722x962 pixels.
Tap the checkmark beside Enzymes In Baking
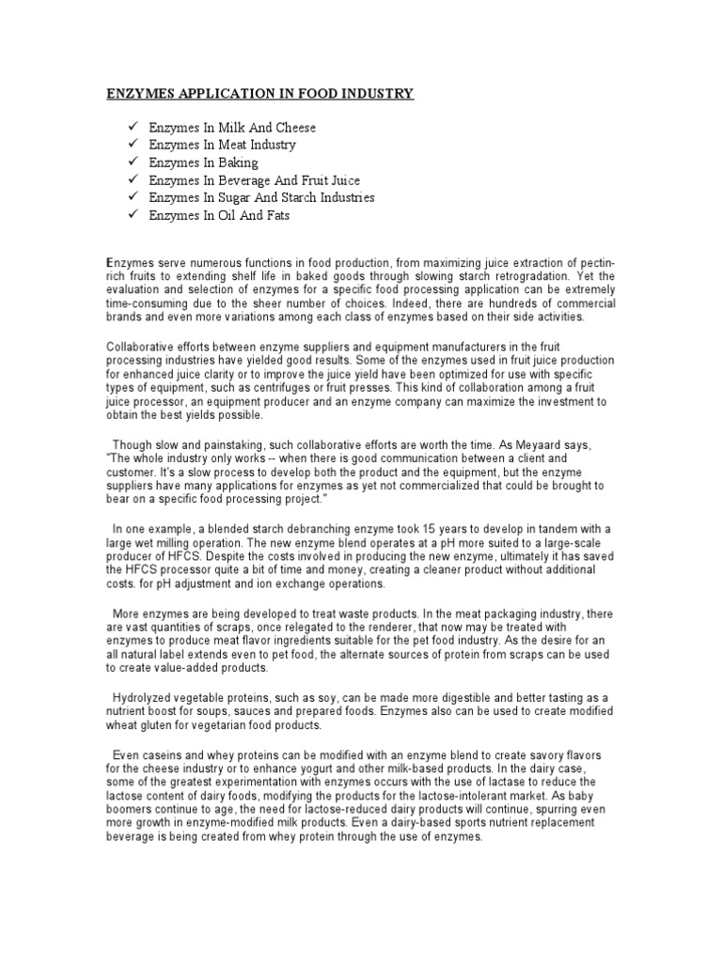point(131,163)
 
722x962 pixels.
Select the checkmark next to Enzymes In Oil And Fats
point(131,215)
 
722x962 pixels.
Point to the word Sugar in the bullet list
point(242,197)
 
